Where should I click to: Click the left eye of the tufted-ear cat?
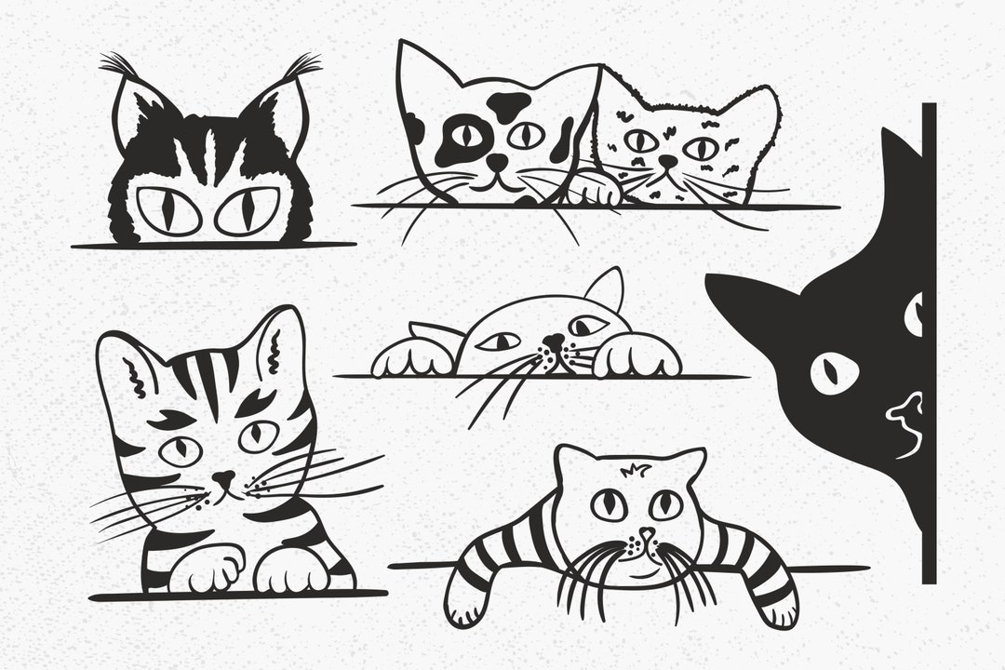click(167, 210)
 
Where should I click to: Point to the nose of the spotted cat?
click(499, 163)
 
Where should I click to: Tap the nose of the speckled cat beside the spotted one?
click(666, 162)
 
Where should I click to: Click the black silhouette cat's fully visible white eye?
click(834, 372)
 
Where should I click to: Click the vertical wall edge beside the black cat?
click(929, 344)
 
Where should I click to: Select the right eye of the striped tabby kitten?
click(258, 435)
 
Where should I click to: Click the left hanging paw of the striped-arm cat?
click(462, 605)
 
